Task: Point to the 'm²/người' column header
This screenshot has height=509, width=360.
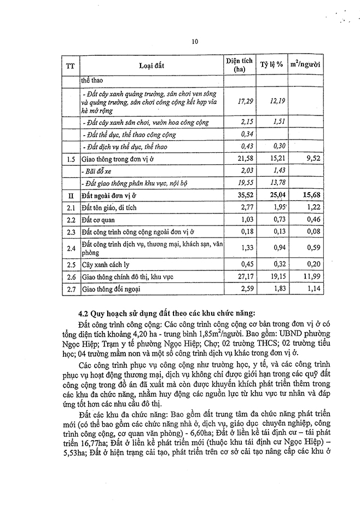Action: click(305, 65)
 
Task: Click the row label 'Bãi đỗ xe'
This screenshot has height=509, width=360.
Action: click(98, 171)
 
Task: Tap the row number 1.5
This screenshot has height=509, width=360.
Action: click(69, 159)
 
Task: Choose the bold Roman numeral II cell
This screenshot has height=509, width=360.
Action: click(69, 195)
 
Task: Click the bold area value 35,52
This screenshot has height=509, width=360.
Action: click(239, 195)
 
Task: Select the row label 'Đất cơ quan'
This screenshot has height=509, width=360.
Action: click(97, 219)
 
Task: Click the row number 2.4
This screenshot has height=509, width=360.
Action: click(69, 248)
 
